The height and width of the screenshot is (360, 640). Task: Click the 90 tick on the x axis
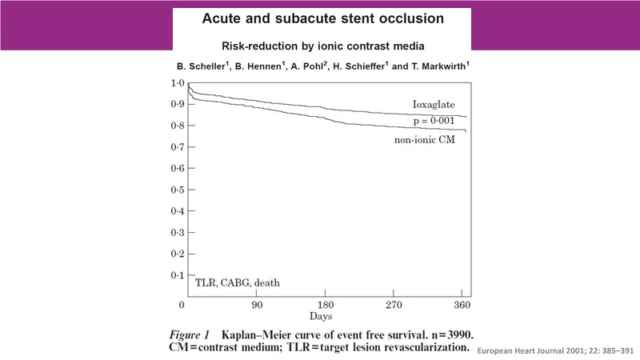[256, 306]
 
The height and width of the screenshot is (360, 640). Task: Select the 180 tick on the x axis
[326, 306]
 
